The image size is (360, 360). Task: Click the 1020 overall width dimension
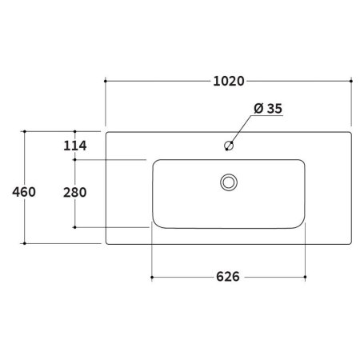(x=228, y=81)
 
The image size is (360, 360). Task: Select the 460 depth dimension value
(x=25, y=192)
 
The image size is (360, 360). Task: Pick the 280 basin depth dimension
(x=74, y=192)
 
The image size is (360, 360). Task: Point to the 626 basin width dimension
(x=228, y=278)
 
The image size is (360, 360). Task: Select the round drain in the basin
(x=228, y=182)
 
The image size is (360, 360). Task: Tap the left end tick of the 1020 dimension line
(x=105, y=81)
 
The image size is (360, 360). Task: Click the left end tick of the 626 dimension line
(x=151, y=278)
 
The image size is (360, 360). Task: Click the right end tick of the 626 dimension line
(x=306, y=278)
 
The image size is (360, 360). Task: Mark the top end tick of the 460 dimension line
(x=26, y=131)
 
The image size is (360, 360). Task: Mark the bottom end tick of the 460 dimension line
(x=26, y=242)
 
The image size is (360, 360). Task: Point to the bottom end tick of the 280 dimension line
(x=74, y=227)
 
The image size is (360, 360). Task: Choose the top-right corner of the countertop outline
(x=350, y=132)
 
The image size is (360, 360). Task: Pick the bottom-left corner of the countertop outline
(x=106, y=242)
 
